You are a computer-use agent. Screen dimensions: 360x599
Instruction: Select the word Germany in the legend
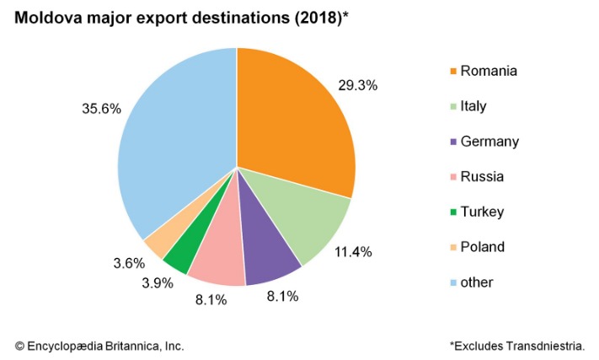tap(489, 142)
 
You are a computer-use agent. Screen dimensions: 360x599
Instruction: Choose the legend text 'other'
tap(477, 282)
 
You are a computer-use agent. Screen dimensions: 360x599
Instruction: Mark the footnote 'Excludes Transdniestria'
tap(521, 346)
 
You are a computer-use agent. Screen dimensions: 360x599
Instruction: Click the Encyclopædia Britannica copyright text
tap(99, 346)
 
